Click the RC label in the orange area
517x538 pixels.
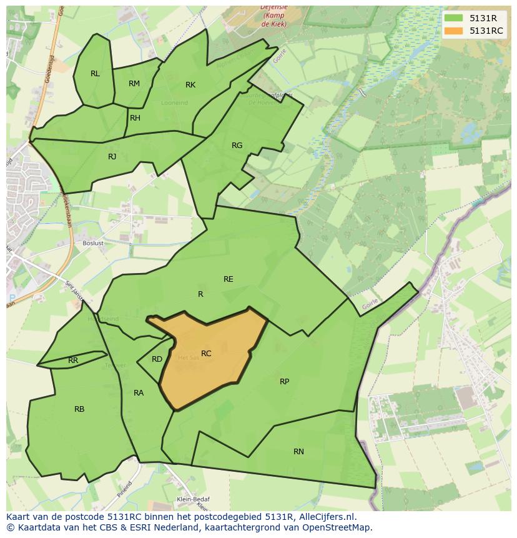(x=206, y=354)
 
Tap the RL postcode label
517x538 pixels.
(x=95, y=74)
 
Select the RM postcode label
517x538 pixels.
(x=134, y=84)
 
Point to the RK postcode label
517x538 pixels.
(x=190, y=85)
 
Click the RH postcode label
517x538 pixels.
(x=135, y=118)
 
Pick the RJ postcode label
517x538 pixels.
(x=112, y=157)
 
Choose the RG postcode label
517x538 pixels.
(x=237, y=146)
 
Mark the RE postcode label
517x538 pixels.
(x=229, y=279)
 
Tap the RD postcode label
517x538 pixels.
(x=157, y=359)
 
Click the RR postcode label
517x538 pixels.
(x=73, y=361)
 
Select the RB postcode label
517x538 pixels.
(x=79, y=409)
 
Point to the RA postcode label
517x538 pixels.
(x=139, y=393)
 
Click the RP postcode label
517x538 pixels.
(x=284, y=382)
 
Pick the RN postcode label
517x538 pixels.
(x=298, y=452)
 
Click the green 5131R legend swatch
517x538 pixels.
(x=454, y=18)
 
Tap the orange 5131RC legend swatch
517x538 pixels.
(x=454, y=31)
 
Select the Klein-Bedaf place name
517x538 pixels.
(x=193, y=499)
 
